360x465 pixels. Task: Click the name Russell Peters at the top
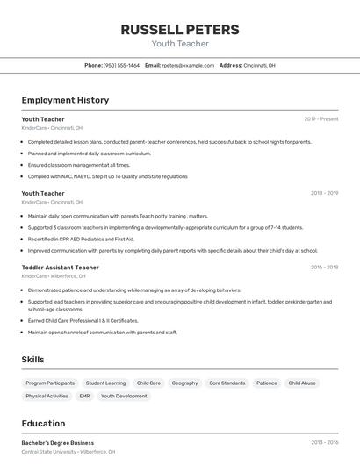[179, 30]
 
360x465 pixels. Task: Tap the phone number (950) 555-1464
[121, 65]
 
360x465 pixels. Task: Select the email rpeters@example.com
[188, 65]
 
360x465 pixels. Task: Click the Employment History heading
[65, 100]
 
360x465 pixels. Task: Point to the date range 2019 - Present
[321, 119]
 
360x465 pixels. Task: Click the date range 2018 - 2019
[324, 193]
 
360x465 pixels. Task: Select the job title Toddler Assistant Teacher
[60, 268]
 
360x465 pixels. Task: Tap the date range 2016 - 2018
[324, 268]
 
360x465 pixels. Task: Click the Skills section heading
[32, 360]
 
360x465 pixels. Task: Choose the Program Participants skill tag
[50, 383]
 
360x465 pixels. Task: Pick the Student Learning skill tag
[105, 383]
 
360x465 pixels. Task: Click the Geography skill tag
[184, 383]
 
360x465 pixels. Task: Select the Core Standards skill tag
[227, 383]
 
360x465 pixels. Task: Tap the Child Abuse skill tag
[302, 383]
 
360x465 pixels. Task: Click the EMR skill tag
[84, 397]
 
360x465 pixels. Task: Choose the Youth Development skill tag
[124, 397]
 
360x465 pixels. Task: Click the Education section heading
[43, 424]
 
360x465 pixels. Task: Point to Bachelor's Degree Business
[57, 443]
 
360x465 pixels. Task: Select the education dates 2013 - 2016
[324, 443]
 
